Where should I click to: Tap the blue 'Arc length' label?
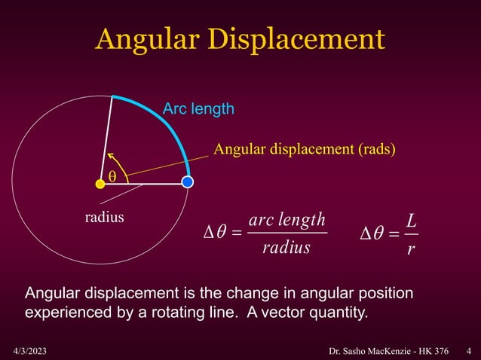pos(198,110)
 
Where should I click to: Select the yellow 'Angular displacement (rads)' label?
pos(304,148)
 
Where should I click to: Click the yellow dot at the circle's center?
pos(100,183)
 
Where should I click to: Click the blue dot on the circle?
pos(188,182)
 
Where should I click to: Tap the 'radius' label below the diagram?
pos(104,218)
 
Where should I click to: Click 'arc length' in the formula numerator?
pos(286,220)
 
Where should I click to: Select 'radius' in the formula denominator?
pos(286,247)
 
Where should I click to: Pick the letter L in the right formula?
pos(411,221)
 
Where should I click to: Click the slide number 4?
pos(469,350)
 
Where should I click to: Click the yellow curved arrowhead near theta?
pos(110,156)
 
